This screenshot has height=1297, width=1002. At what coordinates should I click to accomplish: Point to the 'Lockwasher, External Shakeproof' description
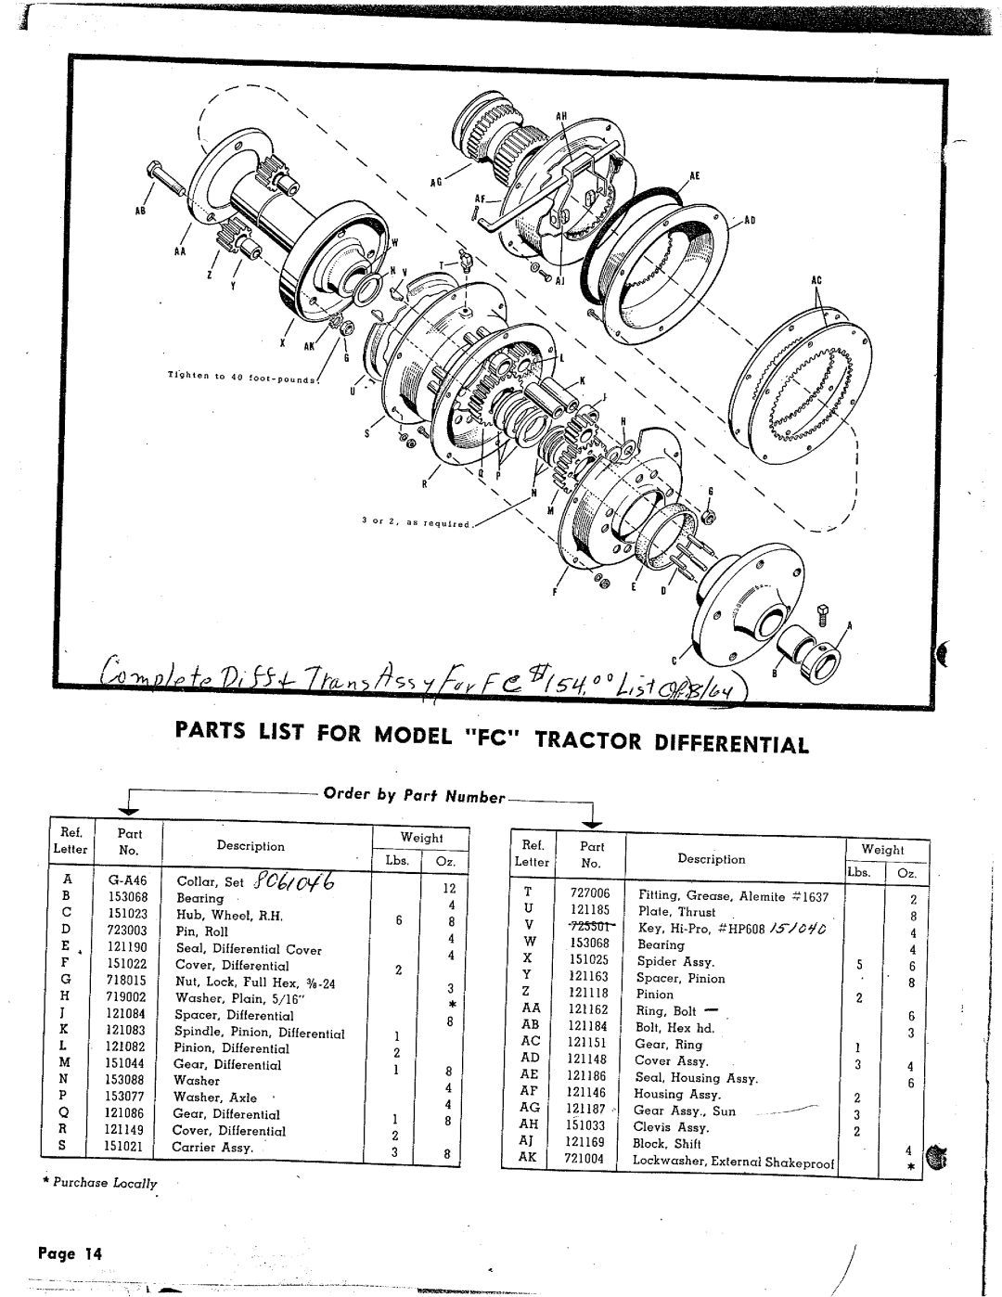pyautogui.click(x=734, y=1161)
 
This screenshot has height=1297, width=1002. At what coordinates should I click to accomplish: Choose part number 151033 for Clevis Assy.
pyautogui.click(x=585, y=1125)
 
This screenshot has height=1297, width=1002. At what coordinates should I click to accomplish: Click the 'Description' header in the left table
pyautogui.click(x=250, y=846)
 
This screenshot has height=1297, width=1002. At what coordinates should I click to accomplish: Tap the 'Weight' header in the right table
pyautogui.click(x=881, y=849)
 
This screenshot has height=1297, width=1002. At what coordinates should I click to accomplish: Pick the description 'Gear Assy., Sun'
pyautogui.click(x=685, y=1111)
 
